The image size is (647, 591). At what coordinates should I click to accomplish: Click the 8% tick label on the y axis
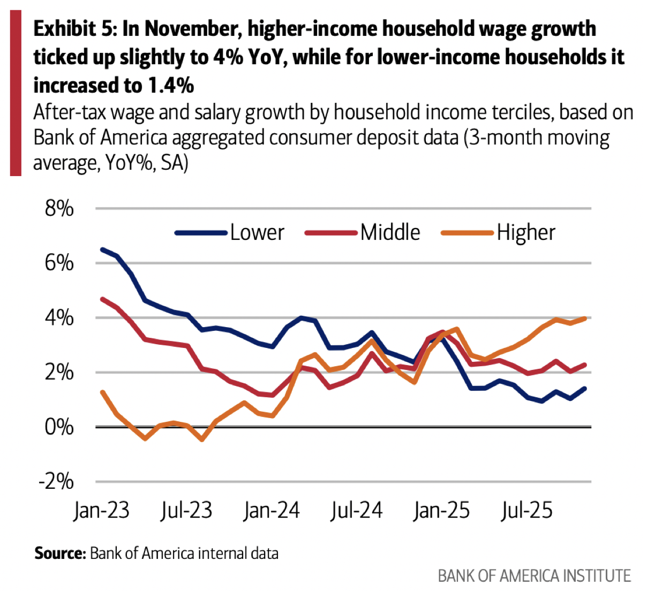click(x=59, y=208)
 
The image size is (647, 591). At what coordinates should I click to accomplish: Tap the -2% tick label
click(x=56, y=481)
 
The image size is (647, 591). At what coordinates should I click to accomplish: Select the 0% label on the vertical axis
click(x=59, y=427)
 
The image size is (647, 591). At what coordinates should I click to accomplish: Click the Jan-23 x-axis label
click(x=101, y=510)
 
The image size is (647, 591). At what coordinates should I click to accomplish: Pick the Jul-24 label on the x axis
click(x=356, y=510)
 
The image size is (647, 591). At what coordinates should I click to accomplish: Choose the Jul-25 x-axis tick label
click(x=526, y=510)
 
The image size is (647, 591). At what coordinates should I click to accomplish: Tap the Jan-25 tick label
click(x=441, y=510)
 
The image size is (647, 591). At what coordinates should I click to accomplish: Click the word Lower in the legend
click(x=257, y=233)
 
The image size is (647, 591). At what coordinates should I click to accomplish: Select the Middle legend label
click(x=390, y=233)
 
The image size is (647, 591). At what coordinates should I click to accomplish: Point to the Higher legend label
click(x=525, y=233)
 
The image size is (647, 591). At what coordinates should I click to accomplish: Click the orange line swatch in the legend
click(x=467, y=233)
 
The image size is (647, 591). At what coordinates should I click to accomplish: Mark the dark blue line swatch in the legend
click(x=201, y=233)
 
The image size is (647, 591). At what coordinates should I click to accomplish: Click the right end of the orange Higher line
click(x=585, y=319)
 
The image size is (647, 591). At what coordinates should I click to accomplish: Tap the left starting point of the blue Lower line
click(x=102, y=249)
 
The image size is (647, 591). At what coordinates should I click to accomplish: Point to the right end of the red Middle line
click(x=585, y=365)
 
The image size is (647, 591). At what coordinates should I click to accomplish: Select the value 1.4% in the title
click(x=168, y=85)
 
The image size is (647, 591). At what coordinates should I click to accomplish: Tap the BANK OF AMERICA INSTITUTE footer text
click(x=534, y=576)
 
